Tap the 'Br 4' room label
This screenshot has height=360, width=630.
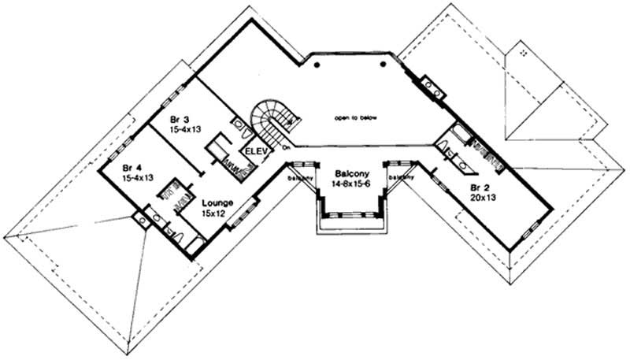pyautogui.click(x=132, y=168)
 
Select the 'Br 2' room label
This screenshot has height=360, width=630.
pyautogui.click(x=478, y=187)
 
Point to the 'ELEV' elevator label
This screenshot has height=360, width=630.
pyautogui.click(x=254, y=150)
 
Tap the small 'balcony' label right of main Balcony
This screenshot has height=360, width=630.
pyautogui.click(x=401, y=178)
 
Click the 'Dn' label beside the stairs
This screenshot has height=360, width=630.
pyautogui.click(x=286, y=147)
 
